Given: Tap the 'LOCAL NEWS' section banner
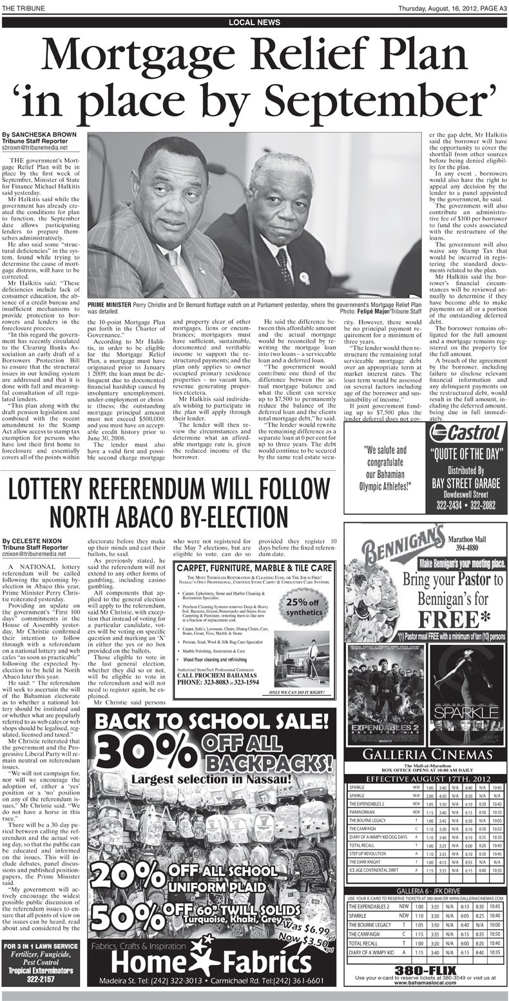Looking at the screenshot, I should click(254, 23).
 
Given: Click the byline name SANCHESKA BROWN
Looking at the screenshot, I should click(41, 135).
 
